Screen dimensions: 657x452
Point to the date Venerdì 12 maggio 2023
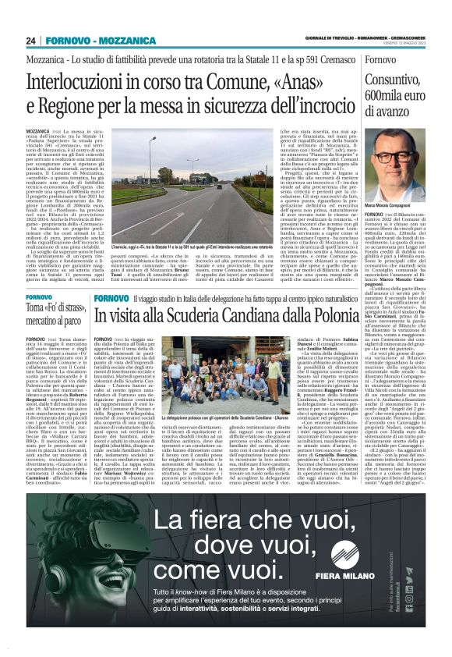coord(409,44)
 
